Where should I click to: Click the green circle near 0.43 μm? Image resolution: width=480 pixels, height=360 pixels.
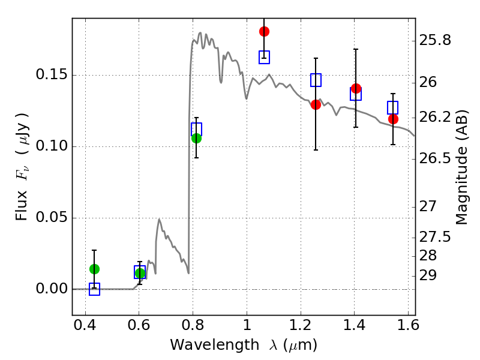coord(94,269)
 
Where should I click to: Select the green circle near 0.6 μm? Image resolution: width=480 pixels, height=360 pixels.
coord(140,273)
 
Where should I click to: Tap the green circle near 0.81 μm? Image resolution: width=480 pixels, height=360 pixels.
coord(197,139)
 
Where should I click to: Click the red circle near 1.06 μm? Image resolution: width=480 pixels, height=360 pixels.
coord(264,32)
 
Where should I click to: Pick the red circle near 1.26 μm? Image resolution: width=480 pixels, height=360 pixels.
coord(316,105)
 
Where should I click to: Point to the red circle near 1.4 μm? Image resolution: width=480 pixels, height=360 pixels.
coord(356,89)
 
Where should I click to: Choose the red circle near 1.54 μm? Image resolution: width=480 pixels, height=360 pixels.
coord(394,119)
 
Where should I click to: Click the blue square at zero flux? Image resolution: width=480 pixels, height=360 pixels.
coord(94,289)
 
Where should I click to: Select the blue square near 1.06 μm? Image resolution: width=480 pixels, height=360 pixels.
coord(264,57)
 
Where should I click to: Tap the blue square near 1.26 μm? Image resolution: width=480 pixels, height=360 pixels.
coord(316,80)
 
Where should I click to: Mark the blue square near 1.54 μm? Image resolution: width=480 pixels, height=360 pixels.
coord(393,108)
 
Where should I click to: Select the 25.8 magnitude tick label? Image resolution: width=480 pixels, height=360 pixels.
coord(435,40)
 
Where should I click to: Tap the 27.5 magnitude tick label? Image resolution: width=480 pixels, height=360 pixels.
coord(435,237)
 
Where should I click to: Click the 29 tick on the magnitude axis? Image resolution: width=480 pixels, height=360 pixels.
coord(428,275)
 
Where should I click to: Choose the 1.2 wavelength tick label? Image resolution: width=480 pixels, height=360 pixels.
coord(301,325)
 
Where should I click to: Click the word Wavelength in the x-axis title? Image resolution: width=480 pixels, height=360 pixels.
coord(215,345)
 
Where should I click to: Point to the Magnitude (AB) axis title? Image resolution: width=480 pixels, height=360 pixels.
coord(461,167)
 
